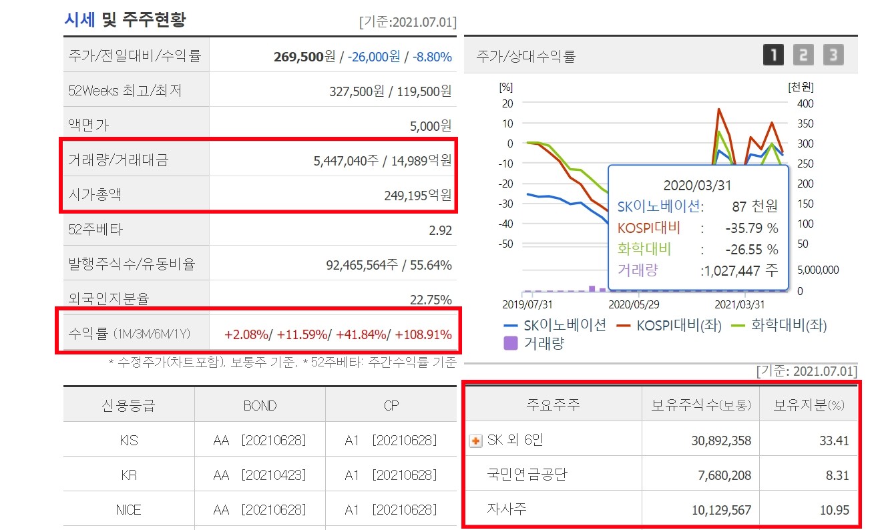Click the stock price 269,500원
point(304,57)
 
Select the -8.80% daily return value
point(432,57)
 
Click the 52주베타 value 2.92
point(441,230)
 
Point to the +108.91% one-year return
point(423,334)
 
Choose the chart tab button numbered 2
point(803,55)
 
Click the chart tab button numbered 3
point(833,55)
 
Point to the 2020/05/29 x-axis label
point(634,304)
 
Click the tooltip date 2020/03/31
point(698,185)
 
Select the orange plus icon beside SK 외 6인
point(476,441)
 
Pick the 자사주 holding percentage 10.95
point(835,511)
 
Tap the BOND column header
point(260,405)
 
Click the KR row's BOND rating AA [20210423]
point(260,475)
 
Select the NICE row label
point(128,510)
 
